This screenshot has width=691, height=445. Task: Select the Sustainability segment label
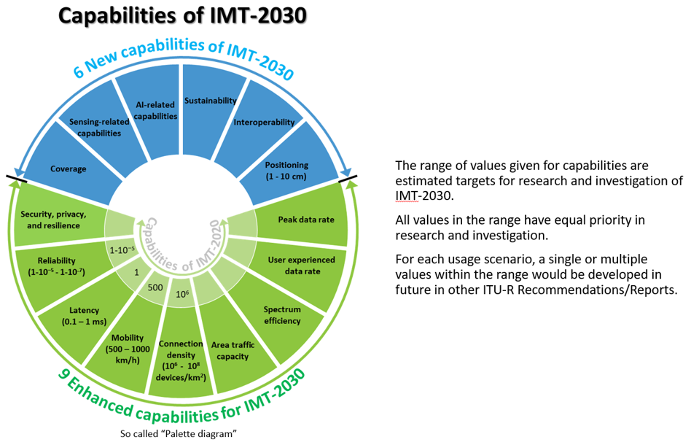point(211,100)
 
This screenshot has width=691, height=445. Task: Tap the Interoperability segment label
point(264,122)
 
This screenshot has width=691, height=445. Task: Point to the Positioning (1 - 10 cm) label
point(286,170)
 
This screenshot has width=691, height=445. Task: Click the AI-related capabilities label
point(157,111)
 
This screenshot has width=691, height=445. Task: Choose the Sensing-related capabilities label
point(99,128)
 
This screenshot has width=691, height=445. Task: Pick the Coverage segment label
point(68,169)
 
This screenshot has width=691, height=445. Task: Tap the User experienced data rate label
point(302,265)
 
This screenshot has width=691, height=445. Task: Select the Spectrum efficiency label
point(282,314)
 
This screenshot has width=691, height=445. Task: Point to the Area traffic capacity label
point(230,351)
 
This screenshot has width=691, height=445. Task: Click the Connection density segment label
point(179,360)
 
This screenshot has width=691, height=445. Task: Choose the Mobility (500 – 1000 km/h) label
point(130,349)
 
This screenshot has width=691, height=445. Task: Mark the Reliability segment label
point(55,266)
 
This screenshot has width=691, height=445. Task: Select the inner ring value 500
point(155,287)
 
